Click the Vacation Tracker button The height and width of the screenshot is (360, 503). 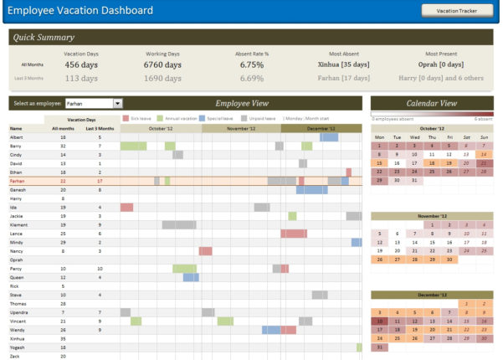pyautogui.click(x=456, y=11)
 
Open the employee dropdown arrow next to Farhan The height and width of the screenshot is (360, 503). pyautogui.click(x=117, y=103)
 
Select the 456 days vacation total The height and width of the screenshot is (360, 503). pyautogui.click(x=82, y=64)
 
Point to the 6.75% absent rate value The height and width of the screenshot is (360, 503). pyautogui.click(x=252, y=64)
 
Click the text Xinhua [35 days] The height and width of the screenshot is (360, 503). pyautogui.click(x=344, y=64)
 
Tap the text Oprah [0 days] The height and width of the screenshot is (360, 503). pyautogui.click(x=440, y=64)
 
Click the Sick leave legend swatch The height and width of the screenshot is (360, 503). pyautogui.click(x=126, y=119)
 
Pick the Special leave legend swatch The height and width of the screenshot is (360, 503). pyautogui.click(x=204, y=119)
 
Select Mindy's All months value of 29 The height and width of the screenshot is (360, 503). pyautogui.click(x=63, y=242)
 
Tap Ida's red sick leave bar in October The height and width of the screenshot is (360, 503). pyautogui.click(x=126, y=207)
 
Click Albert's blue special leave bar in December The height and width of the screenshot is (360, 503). pyautogui.click(x=329, y=136)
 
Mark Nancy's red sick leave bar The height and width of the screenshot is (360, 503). pyautogui.click(x=205, y=250)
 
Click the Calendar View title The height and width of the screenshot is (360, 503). pyautogui.click(x=431, y=103)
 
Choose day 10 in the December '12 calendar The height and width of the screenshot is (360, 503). pyautogui.click(x=379, y=321)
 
